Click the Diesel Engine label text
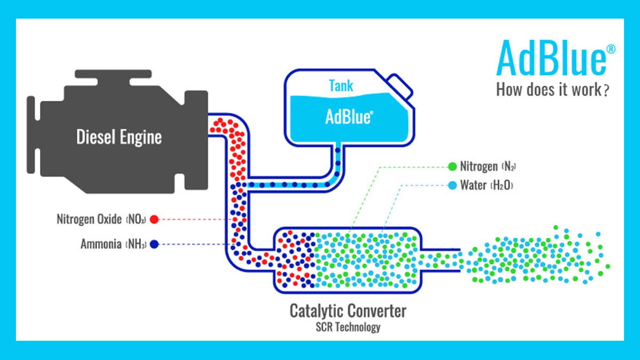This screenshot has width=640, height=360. point(119,137)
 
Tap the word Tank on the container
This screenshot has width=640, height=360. point(340,85)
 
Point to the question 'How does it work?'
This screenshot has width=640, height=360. point(553,89)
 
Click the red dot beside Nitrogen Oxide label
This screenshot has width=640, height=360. point(154,219)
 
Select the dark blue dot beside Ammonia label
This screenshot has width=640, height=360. point(154,244)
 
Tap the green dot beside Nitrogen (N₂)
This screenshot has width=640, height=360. point(452,166)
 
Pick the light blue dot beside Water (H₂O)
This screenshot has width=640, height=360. point(452,186)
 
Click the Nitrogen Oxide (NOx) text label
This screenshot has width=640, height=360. point(101,219)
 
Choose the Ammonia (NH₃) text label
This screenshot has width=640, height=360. point(114,244)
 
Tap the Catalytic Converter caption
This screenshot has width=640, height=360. point(348,310)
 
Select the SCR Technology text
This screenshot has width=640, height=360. point(348,326)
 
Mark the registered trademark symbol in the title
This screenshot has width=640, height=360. point(611,49)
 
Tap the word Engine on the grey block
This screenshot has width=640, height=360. point(140,137)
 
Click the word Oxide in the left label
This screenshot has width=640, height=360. point(109,219)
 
